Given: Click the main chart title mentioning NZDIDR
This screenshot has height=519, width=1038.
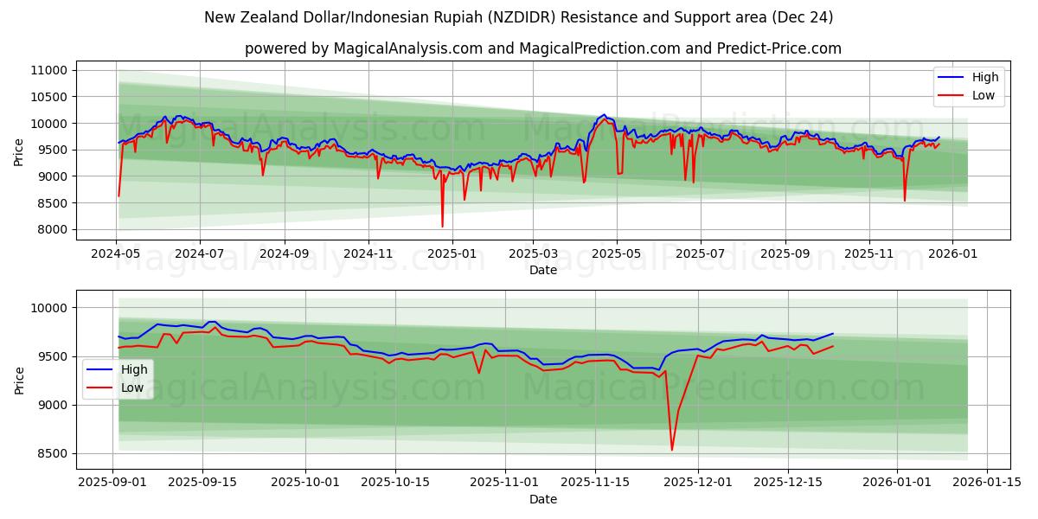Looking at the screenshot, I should pyautogui.click(x=519, y=17).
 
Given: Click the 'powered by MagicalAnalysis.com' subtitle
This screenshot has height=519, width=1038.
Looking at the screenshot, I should pyautogui.click(x=542, y=48).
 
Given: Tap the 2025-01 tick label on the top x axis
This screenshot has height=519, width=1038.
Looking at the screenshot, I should pyautogui.click(x=452, y=255).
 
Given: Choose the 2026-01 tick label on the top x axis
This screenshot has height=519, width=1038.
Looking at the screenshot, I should pyautogui.click(x=952, y=255).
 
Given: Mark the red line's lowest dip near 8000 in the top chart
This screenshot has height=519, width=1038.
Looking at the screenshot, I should pyautogui.click(x=442, y=227).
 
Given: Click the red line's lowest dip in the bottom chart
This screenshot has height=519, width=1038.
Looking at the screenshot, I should pyautogui.click(x=672, y=450).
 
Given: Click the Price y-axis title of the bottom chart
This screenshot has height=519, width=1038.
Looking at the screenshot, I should pyautogui.click(x=20, y=380).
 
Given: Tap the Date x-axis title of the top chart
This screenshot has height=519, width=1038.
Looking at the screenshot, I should pyautogui.click(x=542, y=270).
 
